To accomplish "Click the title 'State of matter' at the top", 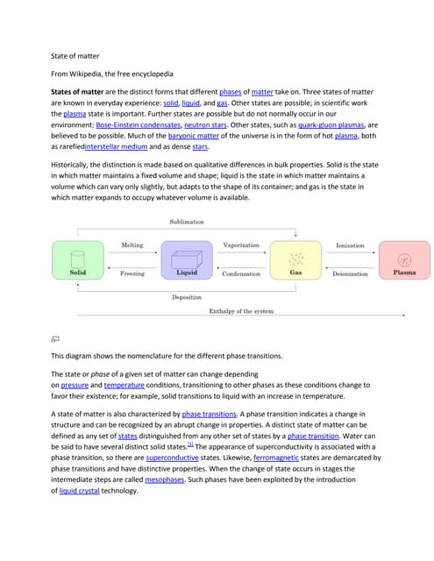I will click(x=75, y=55).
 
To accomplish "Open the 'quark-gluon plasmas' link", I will click(x=331, y=125).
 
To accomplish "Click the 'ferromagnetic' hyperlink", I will click(x=276, y=458).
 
